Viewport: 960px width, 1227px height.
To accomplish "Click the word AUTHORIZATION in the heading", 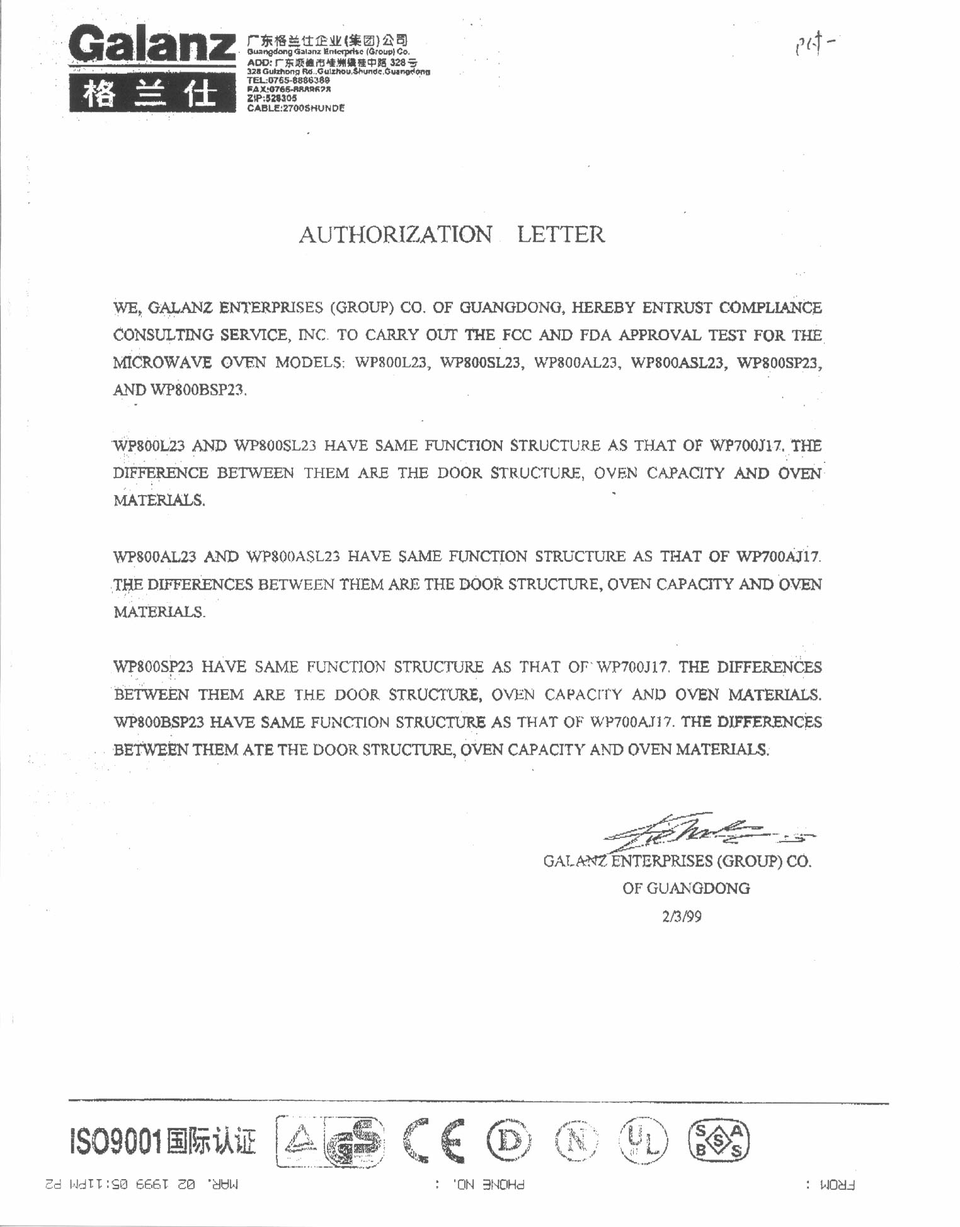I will (395, 235).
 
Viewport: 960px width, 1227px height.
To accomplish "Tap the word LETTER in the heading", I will (561, 235).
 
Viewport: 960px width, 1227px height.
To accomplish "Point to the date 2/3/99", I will (682, 916).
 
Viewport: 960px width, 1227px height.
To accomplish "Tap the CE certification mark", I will (434, 1140).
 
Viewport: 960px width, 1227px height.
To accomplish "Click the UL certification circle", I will (643, 1140).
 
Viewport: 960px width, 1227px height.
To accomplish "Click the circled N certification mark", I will (576, 1140).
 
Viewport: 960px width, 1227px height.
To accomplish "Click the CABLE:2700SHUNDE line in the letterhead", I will (296, 108).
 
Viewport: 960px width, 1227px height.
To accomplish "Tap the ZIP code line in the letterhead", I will (272, 98).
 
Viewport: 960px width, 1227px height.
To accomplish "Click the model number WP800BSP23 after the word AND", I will (197, 390).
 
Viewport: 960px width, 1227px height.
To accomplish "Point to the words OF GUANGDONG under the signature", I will (686, 889).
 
